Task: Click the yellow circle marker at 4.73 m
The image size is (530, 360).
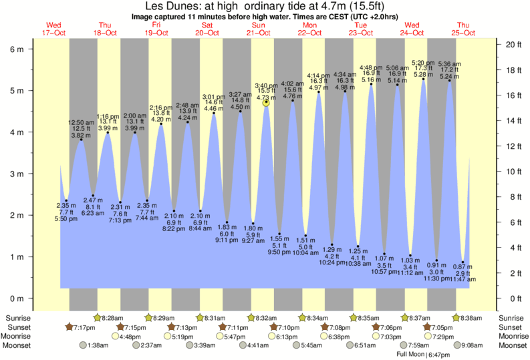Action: click(266, 102)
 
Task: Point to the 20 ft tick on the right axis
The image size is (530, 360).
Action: click(513, 45)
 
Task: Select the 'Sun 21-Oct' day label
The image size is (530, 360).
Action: click(258, 28)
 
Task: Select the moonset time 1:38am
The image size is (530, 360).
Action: click(99, 346)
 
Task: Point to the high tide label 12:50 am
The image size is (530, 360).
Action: click(82, 122)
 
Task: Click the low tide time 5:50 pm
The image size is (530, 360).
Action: click(65, 219)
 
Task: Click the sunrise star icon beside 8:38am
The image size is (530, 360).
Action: click(456, 318)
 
